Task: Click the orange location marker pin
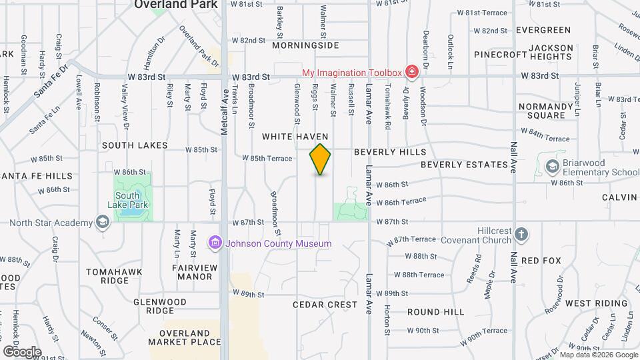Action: click(320, 159)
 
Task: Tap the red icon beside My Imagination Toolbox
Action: click(412, 72)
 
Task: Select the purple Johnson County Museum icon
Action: click(215, 243)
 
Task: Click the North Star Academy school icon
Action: click(102, 222)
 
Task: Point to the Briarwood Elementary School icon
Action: click(551, 166)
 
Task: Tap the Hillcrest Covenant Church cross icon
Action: click(521, 234)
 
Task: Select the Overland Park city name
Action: click(176, 4)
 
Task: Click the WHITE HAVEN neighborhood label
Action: click(295, 136)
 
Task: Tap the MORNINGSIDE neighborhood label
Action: click(305, 45)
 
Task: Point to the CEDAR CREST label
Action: click(325, 305)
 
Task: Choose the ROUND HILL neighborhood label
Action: click(435, 311)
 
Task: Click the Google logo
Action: click(22, 351)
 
